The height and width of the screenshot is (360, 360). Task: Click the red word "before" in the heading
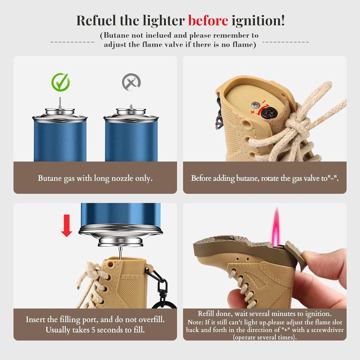[208, 21]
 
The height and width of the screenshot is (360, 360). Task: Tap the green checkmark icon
[60, 82]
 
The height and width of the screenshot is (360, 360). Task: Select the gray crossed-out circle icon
[131, 82]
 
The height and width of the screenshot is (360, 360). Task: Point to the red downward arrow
[66, 225]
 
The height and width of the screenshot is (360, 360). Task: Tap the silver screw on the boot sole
[255, 105]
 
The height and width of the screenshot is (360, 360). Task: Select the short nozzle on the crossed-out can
[131, 107]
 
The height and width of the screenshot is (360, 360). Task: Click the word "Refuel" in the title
[96, 21]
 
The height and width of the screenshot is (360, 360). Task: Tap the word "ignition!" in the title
[258, 21]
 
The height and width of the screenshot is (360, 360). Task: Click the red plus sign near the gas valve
[253, 112]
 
